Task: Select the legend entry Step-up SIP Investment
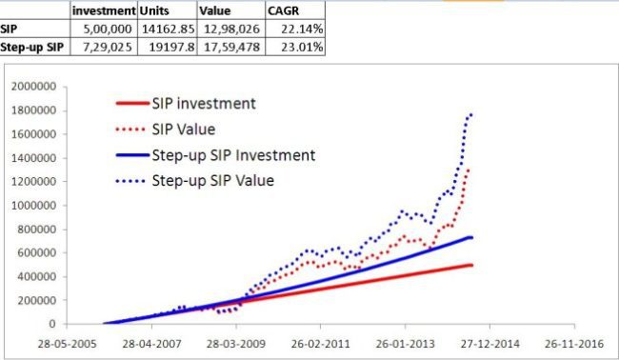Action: [233, 153]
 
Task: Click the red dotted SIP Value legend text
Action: [187, 129]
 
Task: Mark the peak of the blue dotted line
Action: [470, 115]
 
